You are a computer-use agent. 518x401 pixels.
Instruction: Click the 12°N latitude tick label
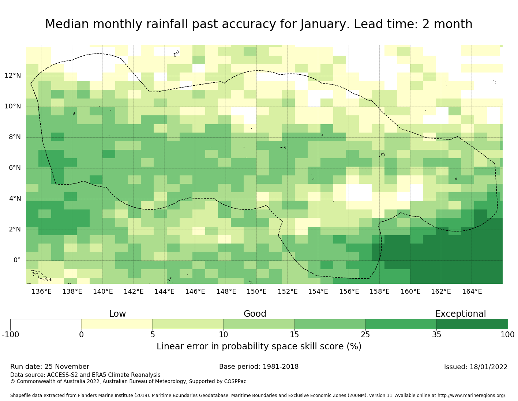tap(13, 76)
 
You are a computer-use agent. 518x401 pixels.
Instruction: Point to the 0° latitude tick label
tap(17, 260)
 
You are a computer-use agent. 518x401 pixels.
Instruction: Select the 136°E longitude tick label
tap(41, 292)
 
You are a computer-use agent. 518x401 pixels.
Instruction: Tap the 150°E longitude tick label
tap(256, 292)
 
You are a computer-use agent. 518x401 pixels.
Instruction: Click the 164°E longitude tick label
tap(472, 292)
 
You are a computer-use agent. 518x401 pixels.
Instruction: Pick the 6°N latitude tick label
tap(13, 168)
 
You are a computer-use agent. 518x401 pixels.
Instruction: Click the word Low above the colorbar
tap(117, 314)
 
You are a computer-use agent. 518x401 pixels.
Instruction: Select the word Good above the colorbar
tap(255, 314)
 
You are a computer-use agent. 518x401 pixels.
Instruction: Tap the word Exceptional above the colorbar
tap(461, 314)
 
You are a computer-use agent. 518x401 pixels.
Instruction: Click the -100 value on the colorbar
tap(10, 334)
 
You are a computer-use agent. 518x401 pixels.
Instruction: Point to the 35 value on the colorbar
tap(436, 334)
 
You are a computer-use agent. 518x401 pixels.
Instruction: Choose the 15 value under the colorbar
tap(294, 334)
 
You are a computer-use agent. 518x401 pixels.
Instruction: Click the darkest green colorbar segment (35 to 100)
tap(472, 324)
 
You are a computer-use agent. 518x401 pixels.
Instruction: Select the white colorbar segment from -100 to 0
tap(46, 324)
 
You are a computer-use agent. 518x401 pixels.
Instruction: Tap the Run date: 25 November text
tap(50, 367)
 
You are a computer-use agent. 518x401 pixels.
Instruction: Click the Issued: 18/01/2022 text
tap(476, 367)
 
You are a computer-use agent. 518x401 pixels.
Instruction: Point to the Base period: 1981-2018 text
tap(259, 367)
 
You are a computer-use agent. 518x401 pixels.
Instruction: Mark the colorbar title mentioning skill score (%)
tap(259, 346)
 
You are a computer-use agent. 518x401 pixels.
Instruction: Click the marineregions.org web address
tap(472, 396)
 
